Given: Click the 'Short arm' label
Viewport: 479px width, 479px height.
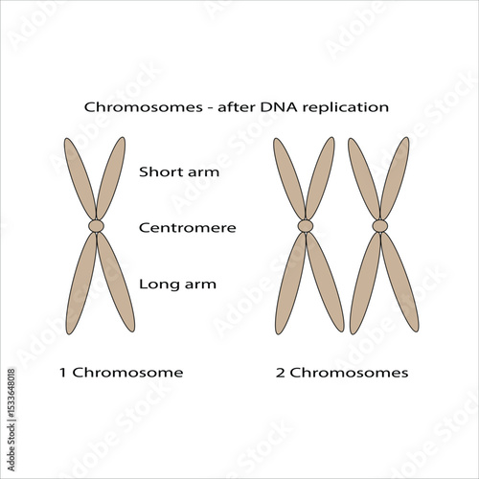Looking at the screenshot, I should [179, 172].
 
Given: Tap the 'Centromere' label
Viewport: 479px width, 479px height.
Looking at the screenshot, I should [187, 228].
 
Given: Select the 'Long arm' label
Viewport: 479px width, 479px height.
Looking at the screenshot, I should [177, 284].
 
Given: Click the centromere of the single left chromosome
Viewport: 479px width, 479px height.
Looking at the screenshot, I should [97, 226].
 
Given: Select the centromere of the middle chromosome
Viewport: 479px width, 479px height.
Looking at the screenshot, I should [306, 226].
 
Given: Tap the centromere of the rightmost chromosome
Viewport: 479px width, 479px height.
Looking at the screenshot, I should [380, 226].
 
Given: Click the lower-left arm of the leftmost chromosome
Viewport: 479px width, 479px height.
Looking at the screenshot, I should [80, 283].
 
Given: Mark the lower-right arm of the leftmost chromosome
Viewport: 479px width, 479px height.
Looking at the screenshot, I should [116, 283].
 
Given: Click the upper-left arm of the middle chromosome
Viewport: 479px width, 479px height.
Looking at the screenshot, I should [288, 179].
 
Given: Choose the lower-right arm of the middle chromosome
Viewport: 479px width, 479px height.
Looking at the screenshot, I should [325, 283].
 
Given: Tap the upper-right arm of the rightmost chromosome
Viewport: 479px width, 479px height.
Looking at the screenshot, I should [396, 179].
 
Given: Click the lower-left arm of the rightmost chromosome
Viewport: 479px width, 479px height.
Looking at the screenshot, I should [364, 283].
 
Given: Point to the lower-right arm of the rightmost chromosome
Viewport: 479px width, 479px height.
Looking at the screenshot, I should [399, 283].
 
